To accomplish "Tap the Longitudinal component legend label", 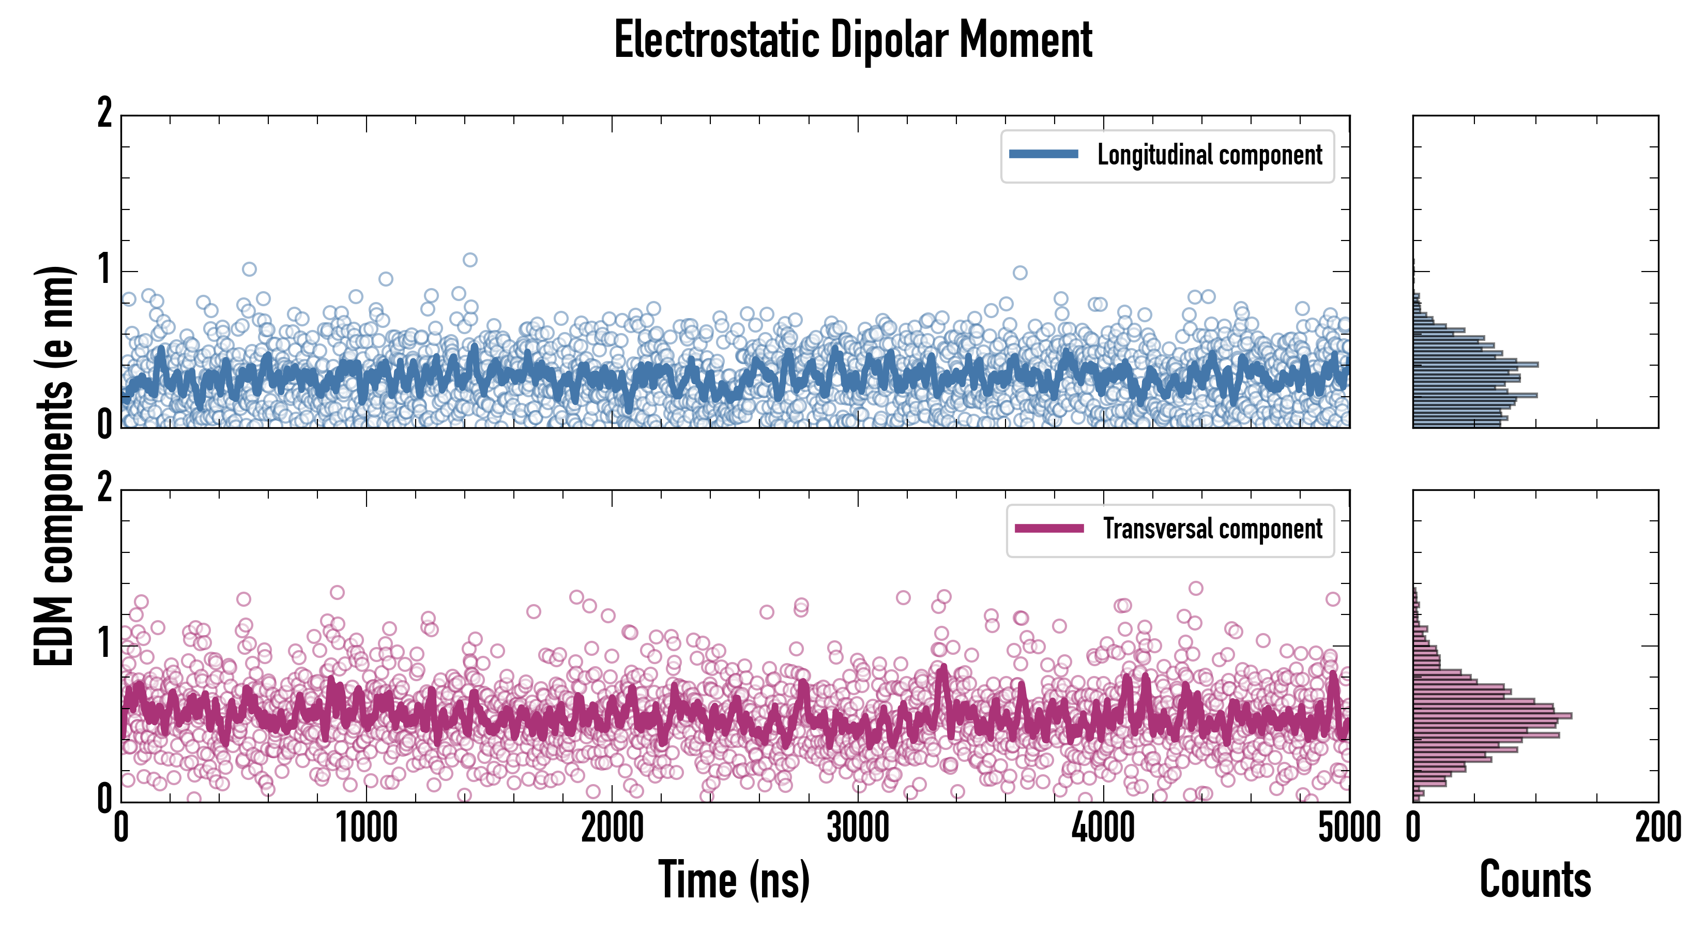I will coord(1209,155).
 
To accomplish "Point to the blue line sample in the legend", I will coord(1043,155).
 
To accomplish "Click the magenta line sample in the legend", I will coord(1049,528).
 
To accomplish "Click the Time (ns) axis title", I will coord(734,880).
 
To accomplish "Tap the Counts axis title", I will coord(1535,880).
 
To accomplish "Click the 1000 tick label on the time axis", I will coord(366,828).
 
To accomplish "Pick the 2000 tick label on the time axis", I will coord(612,828).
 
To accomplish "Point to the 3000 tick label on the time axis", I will coord(858,828).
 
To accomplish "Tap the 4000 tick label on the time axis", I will coord(1103,828).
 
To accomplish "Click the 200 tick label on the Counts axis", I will coord(1657,828).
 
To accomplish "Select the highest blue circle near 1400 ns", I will coord(469,260).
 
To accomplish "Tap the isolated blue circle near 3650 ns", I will coord(1020,273).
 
